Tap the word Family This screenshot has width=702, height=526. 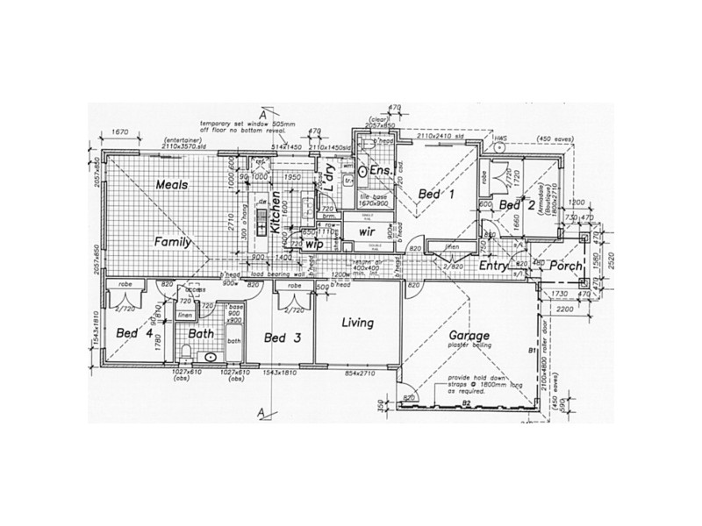coord(173,241)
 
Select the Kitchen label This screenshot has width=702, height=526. coord(275,211)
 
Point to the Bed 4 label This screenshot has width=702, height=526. coord(131,333)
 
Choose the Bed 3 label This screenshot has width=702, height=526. coord(282,338)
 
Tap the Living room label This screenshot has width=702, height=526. coord(357,323)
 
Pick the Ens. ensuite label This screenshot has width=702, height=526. coord(380,169)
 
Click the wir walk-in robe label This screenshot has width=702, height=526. coord(367,231)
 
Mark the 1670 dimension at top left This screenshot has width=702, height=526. coord(121,132)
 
